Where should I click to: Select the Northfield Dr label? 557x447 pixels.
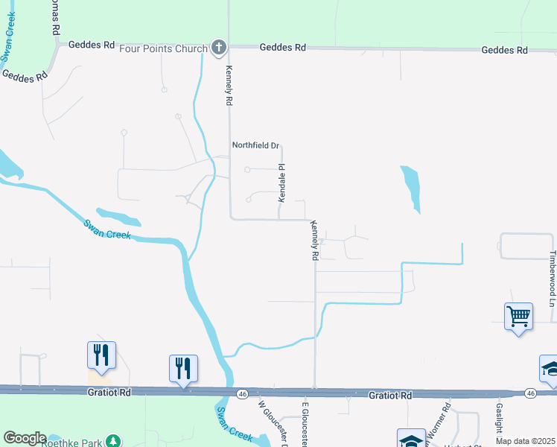[255, 146]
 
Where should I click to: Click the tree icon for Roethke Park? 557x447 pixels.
[112, 441]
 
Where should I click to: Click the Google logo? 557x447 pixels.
[24, 438]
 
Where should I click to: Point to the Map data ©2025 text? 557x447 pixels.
[526, 441]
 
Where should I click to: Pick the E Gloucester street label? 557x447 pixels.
[305, 425]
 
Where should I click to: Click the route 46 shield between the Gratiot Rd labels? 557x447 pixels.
[243, 393]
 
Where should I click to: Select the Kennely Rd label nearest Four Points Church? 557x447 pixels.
[229, 83]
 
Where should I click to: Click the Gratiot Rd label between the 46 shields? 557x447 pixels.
[390, 394]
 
